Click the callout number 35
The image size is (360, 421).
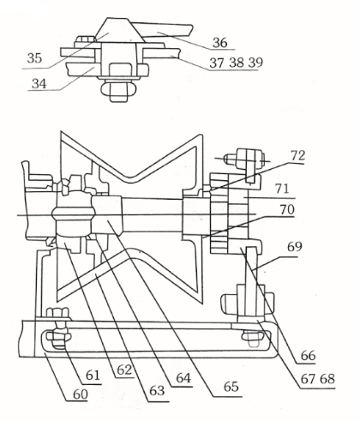pos(34,58)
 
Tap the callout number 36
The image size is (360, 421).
pos(220,43)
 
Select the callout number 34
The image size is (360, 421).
pos(39,83)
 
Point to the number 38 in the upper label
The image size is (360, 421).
pos(237,63)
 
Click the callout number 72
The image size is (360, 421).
pos(298,155)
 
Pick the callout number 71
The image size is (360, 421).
pos(282,189)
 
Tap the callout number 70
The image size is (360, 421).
pos(287,209)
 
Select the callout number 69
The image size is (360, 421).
pos(294,246)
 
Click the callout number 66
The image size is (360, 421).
pos(308,356)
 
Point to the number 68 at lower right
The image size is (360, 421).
pos(327,379)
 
